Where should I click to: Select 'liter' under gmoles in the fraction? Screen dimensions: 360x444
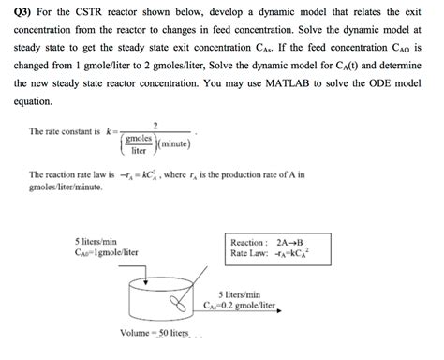pyautogui.click(x=140, y=150)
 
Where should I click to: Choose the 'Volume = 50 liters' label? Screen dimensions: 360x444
pyautogui.click(x=155, y=334)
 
